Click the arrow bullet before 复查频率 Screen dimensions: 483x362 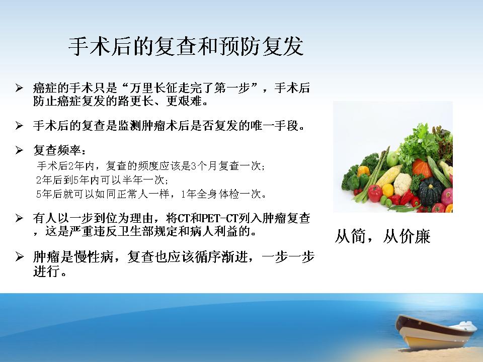coord(19,150)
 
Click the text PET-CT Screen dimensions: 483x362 coord(219,219)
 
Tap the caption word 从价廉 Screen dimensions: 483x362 coord(407,237)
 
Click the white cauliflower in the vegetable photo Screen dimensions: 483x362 coord(403,184)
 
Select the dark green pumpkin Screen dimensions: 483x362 coord(431,192)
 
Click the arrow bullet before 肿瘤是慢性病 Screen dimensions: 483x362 coord(19,257)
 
